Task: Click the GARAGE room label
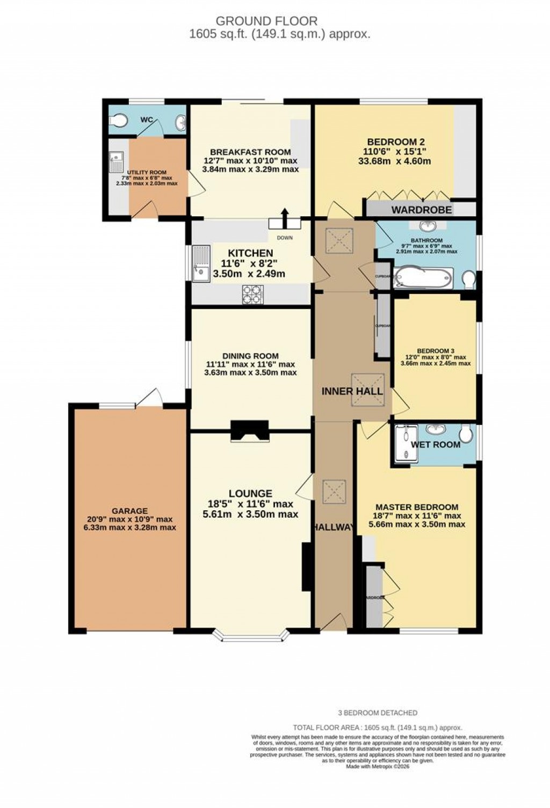(x=130, y=511)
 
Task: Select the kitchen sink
(x=202, y=263)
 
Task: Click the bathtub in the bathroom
(x=423, y=278)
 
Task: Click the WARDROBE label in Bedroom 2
(x=421, y=209)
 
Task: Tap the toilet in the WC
(x=117, y=119)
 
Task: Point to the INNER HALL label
(x=352, y=391)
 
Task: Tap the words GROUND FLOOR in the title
(x=266, y=21)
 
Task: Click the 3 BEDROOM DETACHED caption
(x=378, y=713)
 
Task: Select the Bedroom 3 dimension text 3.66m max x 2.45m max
(x=435, y=363)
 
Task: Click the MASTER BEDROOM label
(x=417, y=507)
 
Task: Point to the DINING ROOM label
(x=251, y=356)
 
